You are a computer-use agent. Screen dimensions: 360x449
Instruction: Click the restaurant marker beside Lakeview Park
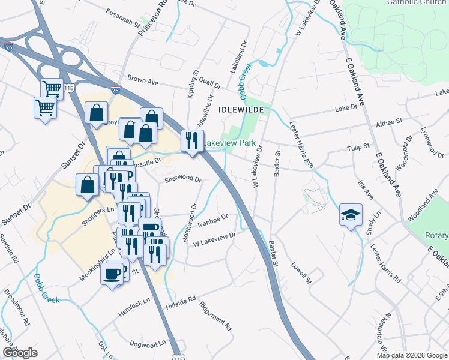191,141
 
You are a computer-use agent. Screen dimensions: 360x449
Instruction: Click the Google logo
20,353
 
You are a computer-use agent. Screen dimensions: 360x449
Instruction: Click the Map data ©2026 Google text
412,355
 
